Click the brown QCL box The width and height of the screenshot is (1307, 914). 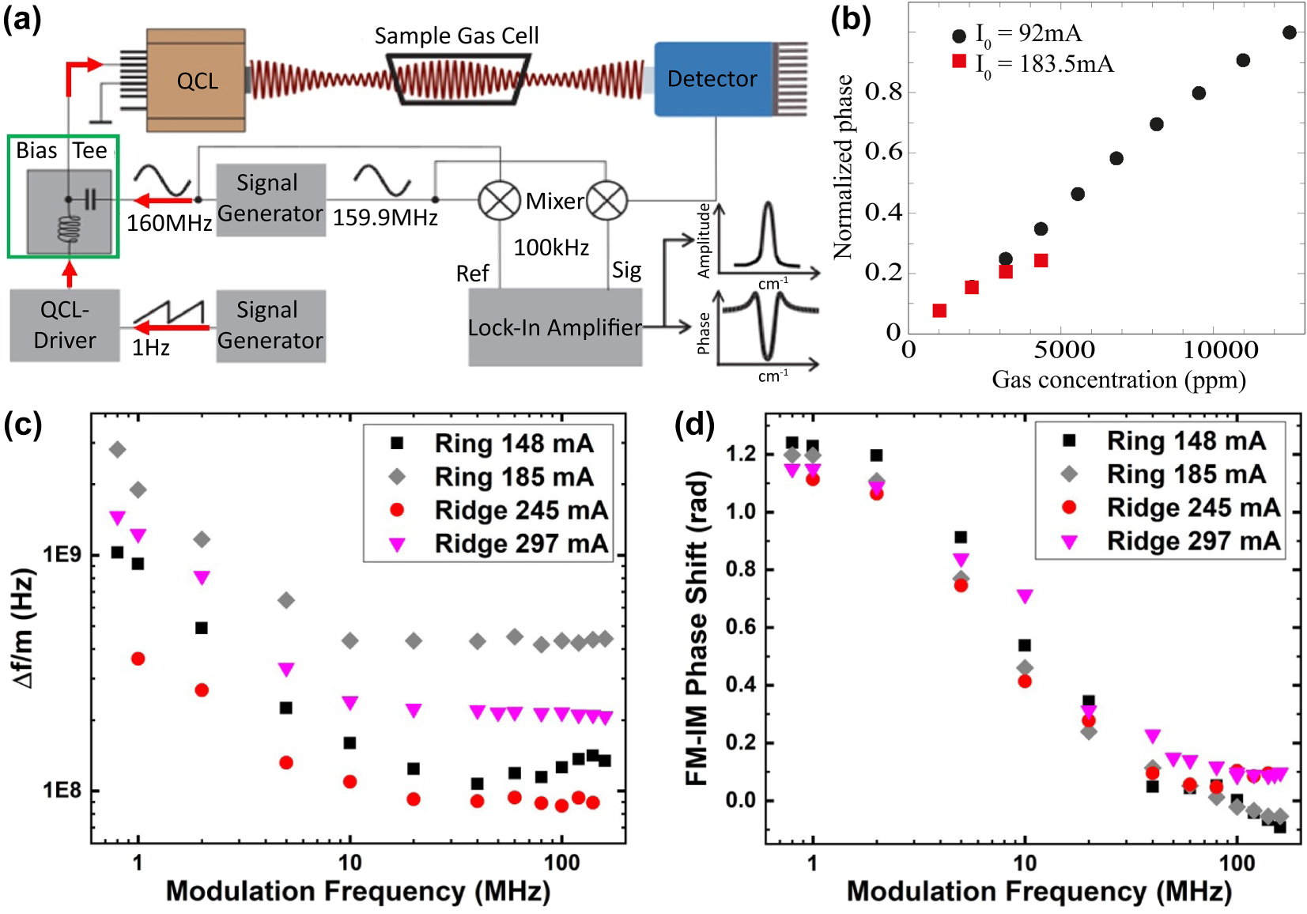[196, 81]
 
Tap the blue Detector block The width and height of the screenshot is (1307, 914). [712, 79]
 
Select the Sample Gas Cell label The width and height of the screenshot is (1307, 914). [456, 36]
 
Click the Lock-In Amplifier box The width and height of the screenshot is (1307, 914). [554, 327]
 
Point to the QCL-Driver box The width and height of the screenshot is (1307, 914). [65, 325]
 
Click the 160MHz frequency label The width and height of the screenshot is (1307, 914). [169, 223]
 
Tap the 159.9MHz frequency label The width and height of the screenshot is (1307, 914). [385, 218]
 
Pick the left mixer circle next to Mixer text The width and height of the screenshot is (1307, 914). [499, 201]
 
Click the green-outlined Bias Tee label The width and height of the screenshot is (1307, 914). [62, 150]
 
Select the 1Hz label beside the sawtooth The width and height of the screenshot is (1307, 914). [150, 348]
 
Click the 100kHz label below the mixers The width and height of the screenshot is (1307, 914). [551, 248]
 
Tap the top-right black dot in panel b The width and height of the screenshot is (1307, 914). [1290, 32]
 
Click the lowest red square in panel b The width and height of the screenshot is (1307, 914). [939, 311]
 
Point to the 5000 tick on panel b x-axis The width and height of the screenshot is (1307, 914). [1064, 350]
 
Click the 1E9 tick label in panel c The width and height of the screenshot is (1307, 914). [62, 554]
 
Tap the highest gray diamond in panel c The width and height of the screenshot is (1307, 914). [117, 450]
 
